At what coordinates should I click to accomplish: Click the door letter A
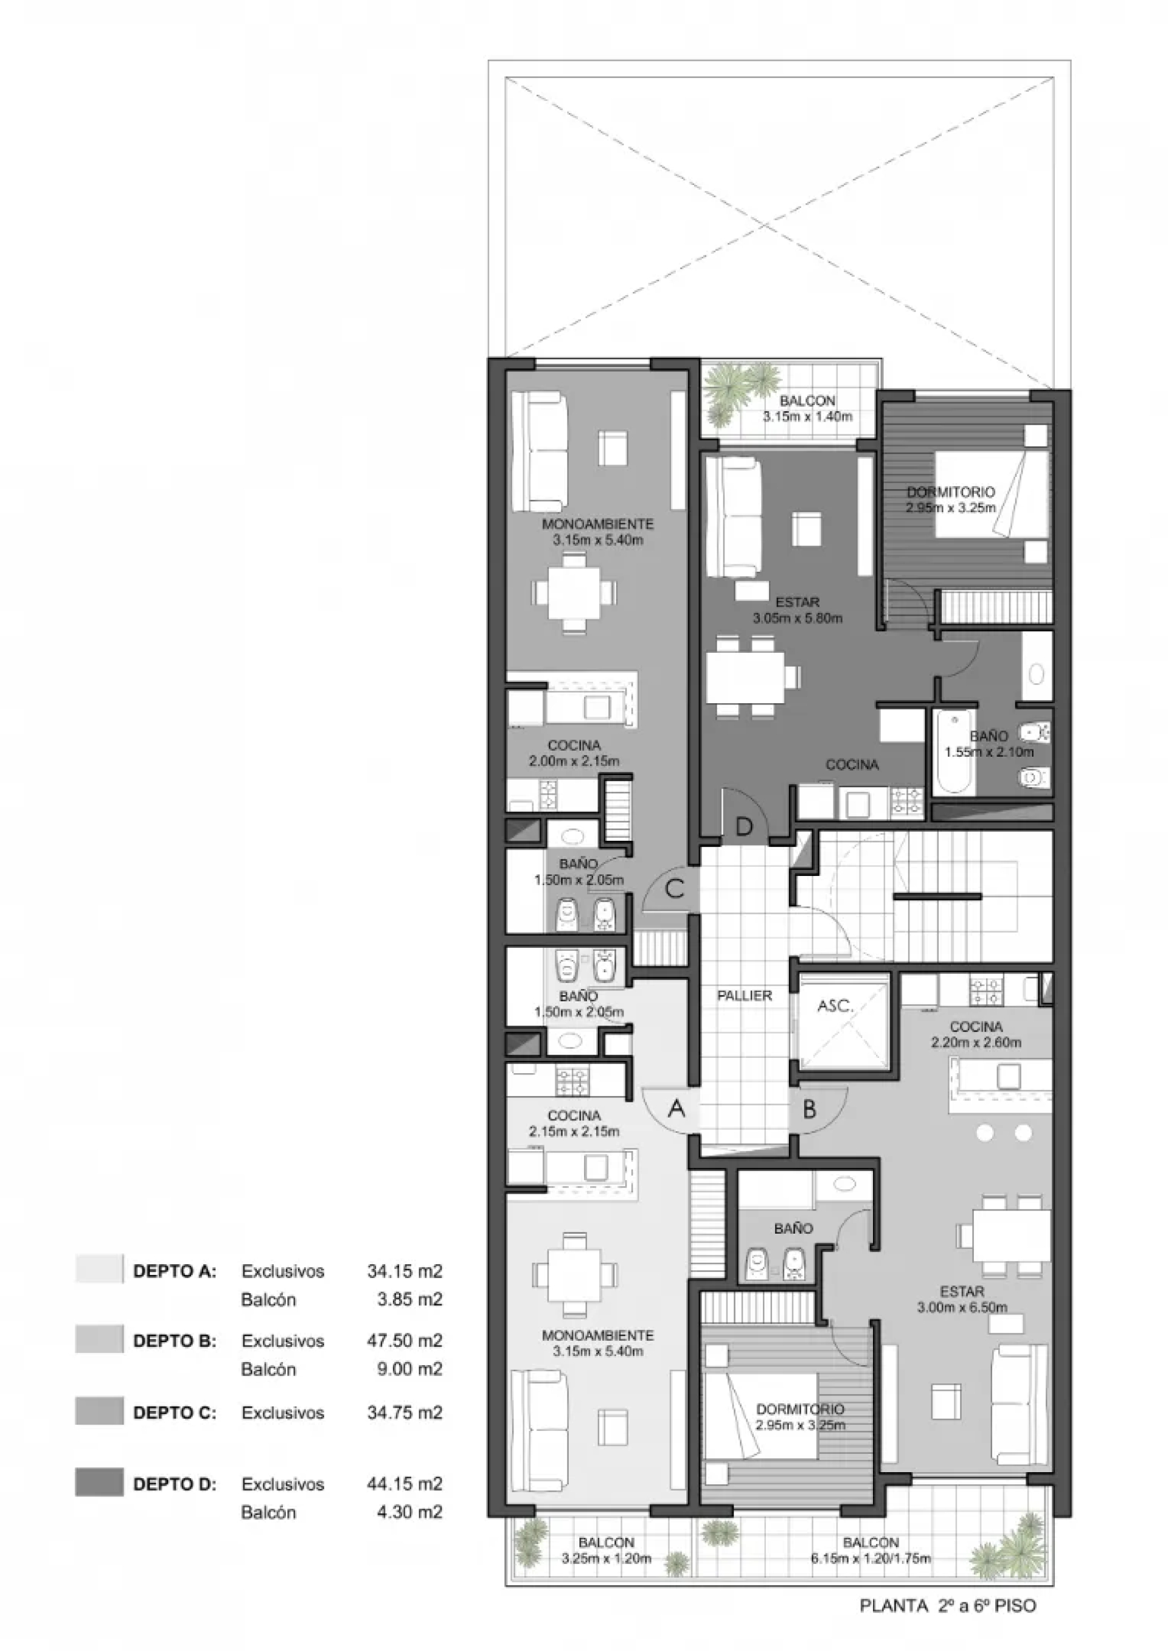pyautogui.click(x=676, y=1110)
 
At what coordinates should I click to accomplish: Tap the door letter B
pyautogui.click(x=809, y=1110)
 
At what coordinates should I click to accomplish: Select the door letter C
pyautogui.click(x=675, y=889)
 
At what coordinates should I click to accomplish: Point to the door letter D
pyautogui.click(x=743, y=826)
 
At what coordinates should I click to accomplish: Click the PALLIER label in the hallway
pyautogui.click(x=745, y=996)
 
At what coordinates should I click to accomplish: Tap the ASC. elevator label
pyautogui.click(x=835, y=1006)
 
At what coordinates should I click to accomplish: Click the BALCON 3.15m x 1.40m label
pyautogui.click(x=808, y=408)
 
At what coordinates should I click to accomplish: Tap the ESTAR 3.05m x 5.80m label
pyautogui.click(x=798, y=610)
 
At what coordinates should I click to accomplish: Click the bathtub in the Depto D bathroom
pyautogui.click(x=954, y=752)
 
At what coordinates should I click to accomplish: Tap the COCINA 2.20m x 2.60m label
pyautogui.click(x=976, y=1034)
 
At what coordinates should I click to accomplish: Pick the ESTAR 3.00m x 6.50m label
pyautogui.click(x=962, y=1299)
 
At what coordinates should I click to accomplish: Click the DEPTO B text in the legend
pyautogui.click(x=175, y=1341)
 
